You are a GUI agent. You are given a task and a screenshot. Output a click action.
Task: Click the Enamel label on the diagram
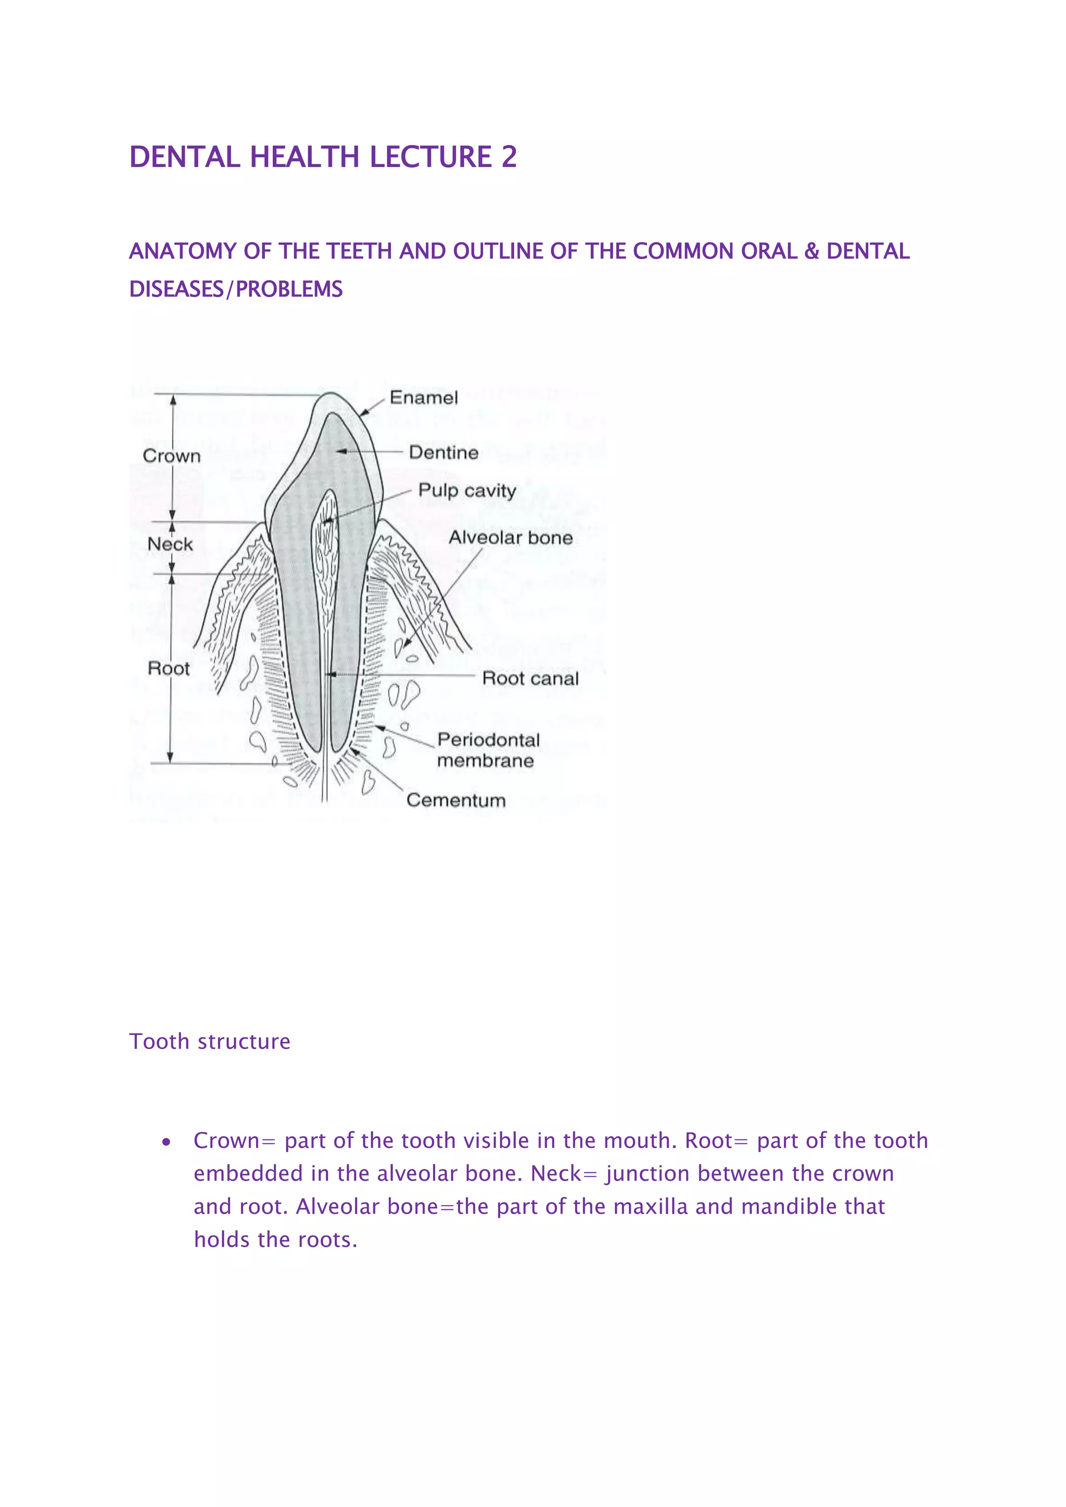click(423, 398)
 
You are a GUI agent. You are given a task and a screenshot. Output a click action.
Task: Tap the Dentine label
click(443, 452)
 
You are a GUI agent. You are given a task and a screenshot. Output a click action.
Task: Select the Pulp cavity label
click(467, 490)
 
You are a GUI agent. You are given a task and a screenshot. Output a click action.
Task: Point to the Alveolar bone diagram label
click(510, 538)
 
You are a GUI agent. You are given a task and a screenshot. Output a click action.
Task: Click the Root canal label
click(530, 678)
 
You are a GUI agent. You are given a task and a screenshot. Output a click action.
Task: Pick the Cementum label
click(455, 800)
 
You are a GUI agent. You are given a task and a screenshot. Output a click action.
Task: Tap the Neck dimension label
click(170, 544)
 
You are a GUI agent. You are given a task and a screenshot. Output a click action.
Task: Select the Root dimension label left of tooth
click(168, 668)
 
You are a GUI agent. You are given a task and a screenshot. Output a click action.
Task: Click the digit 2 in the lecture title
click(509, 157)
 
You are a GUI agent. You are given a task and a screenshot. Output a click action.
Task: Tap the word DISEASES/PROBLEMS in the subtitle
click(236, 289)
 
